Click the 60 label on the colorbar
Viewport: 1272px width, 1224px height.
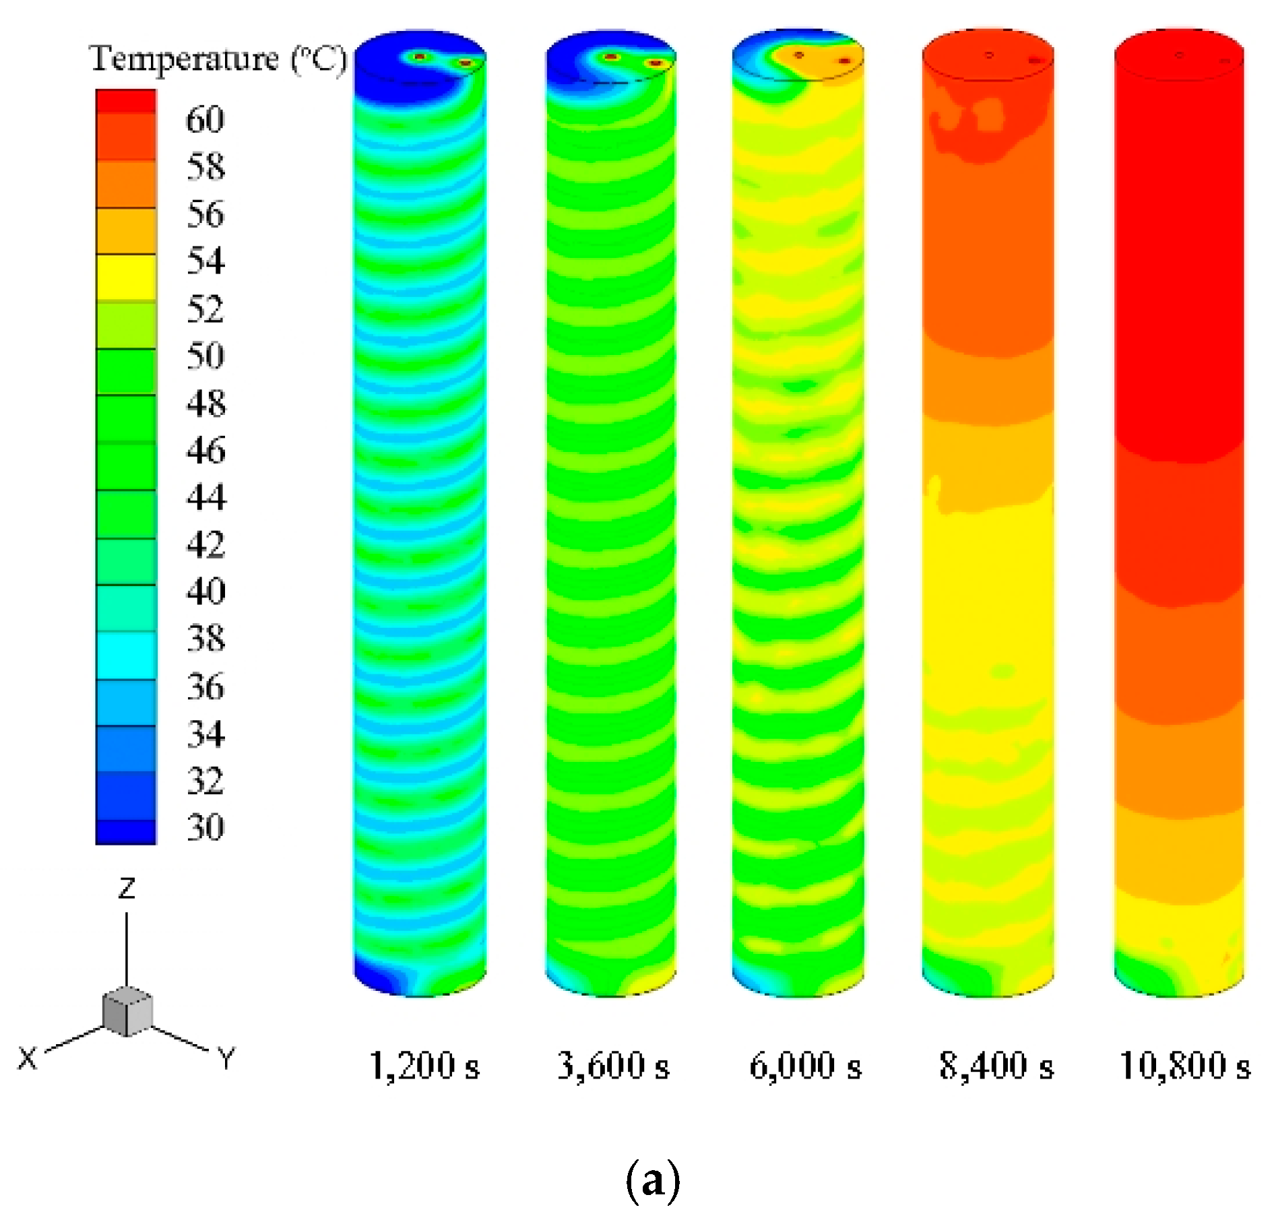(205, 120)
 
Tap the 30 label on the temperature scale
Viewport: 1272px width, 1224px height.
(205, 827)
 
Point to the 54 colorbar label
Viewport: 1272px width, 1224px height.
(205, 261)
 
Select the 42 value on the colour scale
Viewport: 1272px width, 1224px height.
(205, 544)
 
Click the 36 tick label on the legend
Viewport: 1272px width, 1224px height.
(205, 686)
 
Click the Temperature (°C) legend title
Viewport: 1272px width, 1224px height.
(218, 59)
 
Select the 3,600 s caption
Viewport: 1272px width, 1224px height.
(613, 1066)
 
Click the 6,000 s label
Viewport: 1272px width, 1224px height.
(805, 1066)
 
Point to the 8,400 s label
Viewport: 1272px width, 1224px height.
(996, 1066)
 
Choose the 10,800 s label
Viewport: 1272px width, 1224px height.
(1184, 1066)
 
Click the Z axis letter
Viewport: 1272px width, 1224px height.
(127, 889)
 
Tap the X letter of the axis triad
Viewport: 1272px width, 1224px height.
(27, 1058)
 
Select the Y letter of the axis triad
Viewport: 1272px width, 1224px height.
(226, 1058)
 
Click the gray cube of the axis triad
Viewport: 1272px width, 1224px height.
(127, 1011)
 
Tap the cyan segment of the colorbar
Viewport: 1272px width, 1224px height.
(126, 655)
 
